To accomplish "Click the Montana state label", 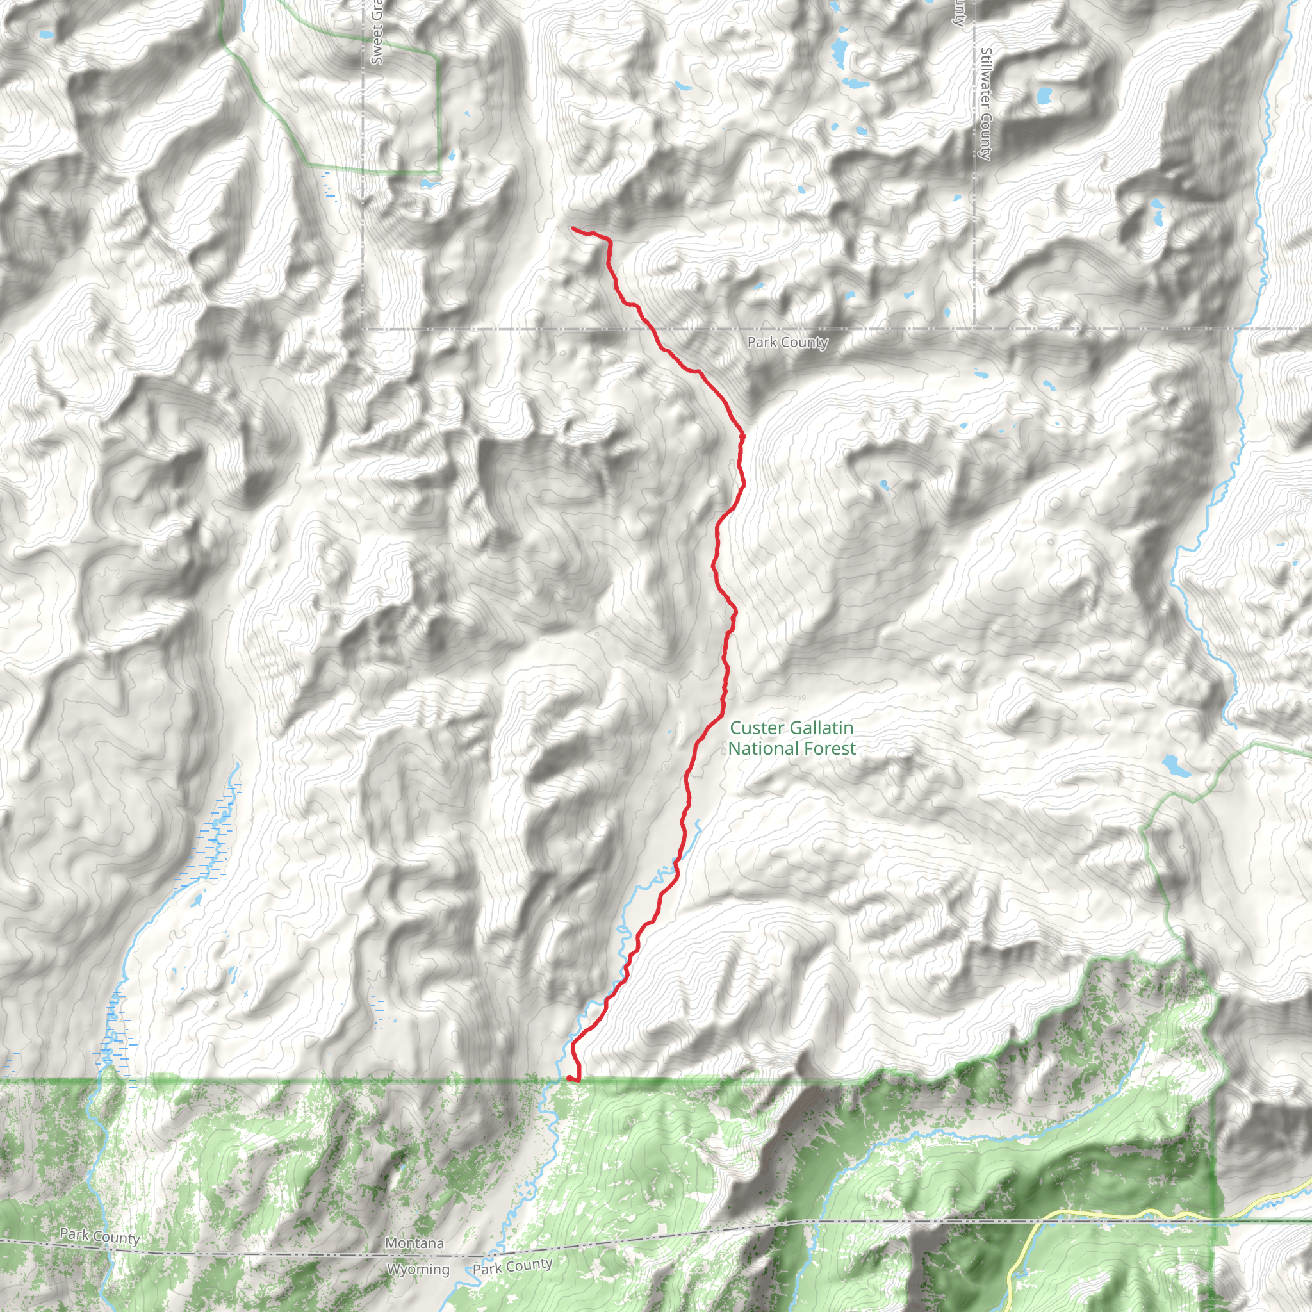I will coord(414,1243).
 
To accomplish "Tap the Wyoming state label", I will coord(418,1269).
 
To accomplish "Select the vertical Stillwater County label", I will coord(986,103).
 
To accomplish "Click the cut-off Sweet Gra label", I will coord(377,34).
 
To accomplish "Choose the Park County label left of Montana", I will coord(99,1236).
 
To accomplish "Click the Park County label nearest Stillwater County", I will coord(788,342).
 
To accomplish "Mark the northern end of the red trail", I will coord(573,228).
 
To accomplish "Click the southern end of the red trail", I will coord(568,1078).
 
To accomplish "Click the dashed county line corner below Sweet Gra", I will coord(363,329).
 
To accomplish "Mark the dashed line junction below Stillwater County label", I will coord(974,329).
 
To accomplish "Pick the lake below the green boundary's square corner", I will coord(428,183).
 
